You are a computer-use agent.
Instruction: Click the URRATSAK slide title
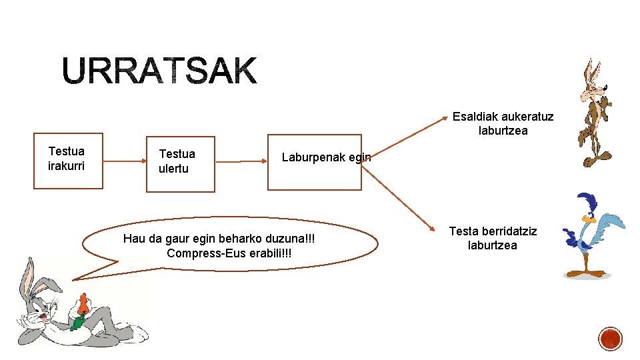(159, 71)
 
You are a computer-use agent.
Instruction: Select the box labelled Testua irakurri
(68, 161)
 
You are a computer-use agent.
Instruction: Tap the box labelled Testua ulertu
(180, 163)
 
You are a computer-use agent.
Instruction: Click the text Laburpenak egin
(326, 157)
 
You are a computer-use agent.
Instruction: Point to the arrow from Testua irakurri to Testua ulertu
(125, 161)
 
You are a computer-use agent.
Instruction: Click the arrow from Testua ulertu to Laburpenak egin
(241, 161)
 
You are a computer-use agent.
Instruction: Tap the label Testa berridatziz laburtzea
(493, 238)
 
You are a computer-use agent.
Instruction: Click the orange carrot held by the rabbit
(83, 305)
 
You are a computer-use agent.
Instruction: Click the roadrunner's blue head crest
(587, 202)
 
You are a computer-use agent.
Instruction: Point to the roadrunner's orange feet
(585, 273)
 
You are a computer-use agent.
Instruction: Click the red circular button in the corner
(610, 339)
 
